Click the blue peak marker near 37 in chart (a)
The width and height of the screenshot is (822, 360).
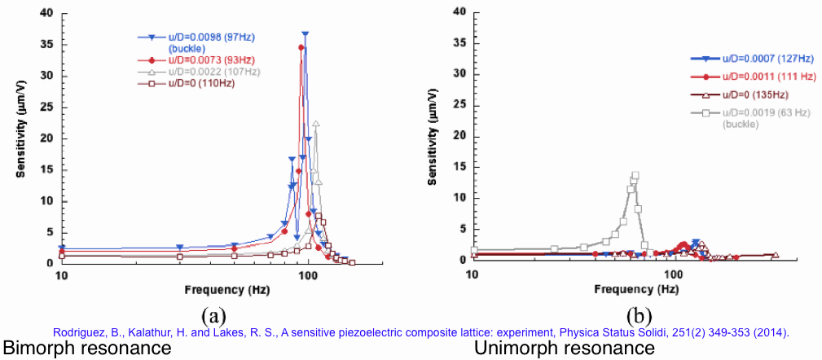point(306,34)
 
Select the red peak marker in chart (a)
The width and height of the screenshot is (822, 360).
point(301,47)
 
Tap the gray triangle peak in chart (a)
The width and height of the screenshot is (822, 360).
point(316,124)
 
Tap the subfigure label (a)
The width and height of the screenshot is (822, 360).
point(212,315)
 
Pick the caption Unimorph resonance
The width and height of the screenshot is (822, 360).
point(564,349)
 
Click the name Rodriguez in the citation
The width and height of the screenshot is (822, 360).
point(79,332)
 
